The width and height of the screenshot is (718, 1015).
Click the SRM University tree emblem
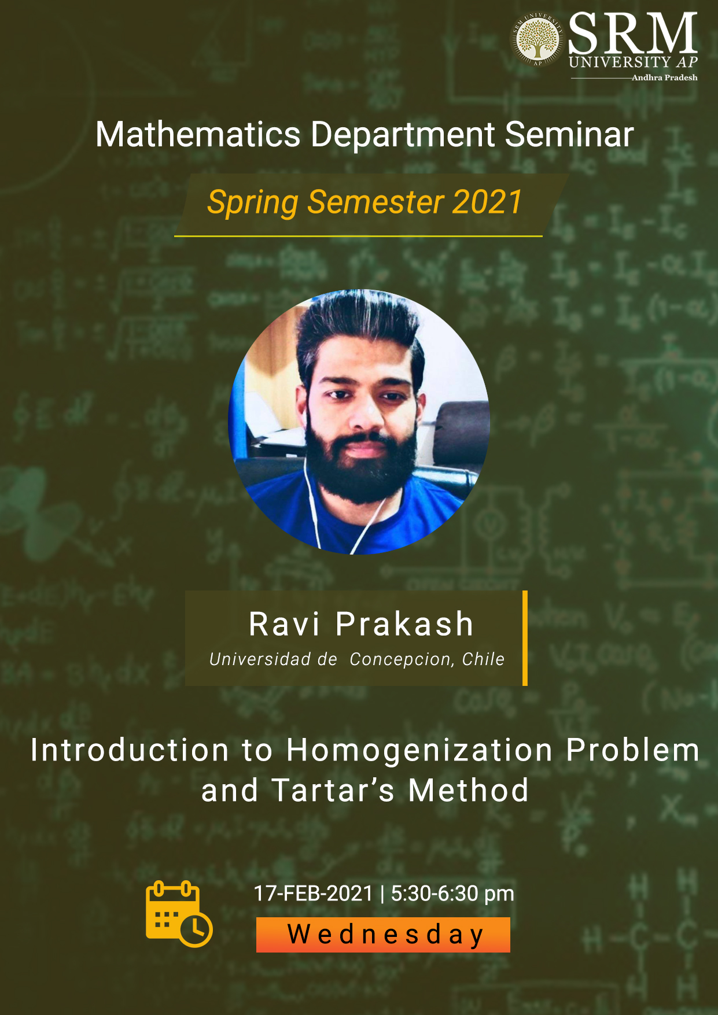click(x=538, y=39)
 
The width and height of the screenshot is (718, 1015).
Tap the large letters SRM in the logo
click(x=633, y=34)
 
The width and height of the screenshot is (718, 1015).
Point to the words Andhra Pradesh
click(x=664, y=77)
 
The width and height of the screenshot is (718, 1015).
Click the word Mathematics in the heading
click(x=198, y=134)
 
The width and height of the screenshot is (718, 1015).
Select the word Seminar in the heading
click(x=569, y=134)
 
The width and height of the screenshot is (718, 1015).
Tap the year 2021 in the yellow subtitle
click(x=488, y=202)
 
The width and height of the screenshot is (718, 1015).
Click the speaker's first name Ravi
click(x=284, y=624)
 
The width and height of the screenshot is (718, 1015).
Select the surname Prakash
click(x=404, y=624)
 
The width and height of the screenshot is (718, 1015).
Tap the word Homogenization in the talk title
click(x=420, y=751)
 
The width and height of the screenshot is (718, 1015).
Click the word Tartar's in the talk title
click(x=333, y=790)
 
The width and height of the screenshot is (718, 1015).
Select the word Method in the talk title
click(x=469, y=790)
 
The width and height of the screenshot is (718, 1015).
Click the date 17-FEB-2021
click(x=314, y=894)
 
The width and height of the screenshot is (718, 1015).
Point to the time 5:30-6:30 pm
click(x=452, y=894)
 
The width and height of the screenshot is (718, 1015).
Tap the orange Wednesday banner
click(x=383, y=935)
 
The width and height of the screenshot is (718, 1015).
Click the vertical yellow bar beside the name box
click(x=525, y=638)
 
